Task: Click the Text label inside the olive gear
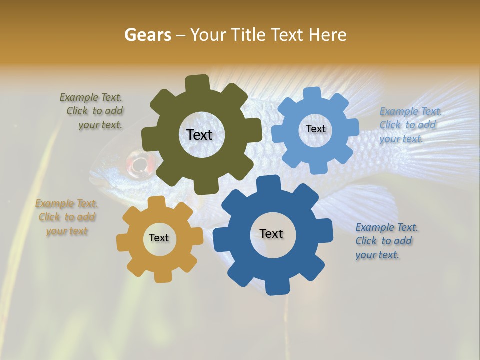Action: pyautogui.click(x=199, y=135)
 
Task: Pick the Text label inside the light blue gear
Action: pyautogui.click(x=315, y=129)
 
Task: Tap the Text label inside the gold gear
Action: pyautogui.click(x=159, y=238)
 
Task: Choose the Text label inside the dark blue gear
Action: pyautogui.click(x=271, y=233)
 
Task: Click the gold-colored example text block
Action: pyautogui.click(x=66, y=217)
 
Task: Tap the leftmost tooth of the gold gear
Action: pyautogui.click(x=123, y=243)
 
